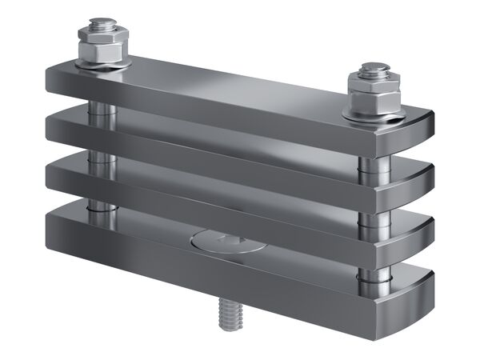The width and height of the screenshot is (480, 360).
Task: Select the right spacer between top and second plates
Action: pos(366,164)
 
